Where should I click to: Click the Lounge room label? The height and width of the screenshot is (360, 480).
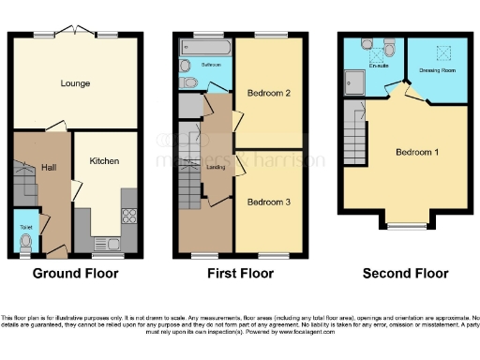coord(77,83)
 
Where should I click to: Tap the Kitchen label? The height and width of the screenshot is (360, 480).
coord(104,161)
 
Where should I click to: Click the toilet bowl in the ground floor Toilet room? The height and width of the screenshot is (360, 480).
coord(24,243)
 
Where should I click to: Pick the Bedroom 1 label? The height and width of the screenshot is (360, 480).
coord(417,152)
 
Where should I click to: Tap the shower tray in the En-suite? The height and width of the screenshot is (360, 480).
coord(357,82)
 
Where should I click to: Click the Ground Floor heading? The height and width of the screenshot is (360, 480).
coord(76,274)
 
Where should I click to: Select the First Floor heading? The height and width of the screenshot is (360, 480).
coord(241,274)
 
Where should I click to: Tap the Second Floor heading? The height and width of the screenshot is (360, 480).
coord(405,274)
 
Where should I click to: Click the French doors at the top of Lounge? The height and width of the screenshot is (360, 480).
coord(77,31)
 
